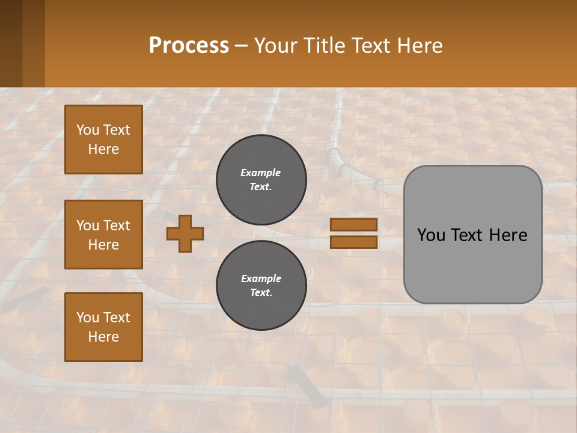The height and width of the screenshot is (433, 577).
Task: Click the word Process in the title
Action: [x=189, y=46]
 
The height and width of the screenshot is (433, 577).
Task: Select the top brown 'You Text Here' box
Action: [x=103, y=140]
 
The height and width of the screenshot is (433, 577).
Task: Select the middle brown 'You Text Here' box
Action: [x=103, y=235]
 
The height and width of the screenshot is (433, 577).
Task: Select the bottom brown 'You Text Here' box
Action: [x=103, y=327]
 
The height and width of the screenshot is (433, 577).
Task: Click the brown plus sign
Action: [x=185, y=233]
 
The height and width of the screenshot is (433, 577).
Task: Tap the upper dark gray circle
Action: [x=261, y=180]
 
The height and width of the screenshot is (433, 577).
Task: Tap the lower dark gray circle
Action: [x=261, y=286]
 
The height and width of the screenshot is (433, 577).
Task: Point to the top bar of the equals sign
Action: [x=354, y=225]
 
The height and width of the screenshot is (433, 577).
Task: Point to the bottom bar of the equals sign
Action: [x=354, y=242]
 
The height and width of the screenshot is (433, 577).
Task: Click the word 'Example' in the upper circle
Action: [x=261, y=173]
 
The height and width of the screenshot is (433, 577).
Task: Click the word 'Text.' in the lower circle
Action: [x=261, y=293]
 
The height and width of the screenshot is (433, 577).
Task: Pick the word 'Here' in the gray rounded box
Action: [x=508, y=235]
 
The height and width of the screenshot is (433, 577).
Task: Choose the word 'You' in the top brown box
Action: [x=87, y=130]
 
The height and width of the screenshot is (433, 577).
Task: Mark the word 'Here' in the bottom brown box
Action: [x=103, y=337]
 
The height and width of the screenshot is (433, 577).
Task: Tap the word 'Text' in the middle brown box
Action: [x=117, y=226]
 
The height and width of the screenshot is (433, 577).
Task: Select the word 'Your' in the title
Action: [x=276, y=46]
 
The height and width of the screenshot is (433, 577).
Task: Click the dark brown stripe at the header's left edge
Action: [x=11, y=43]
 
